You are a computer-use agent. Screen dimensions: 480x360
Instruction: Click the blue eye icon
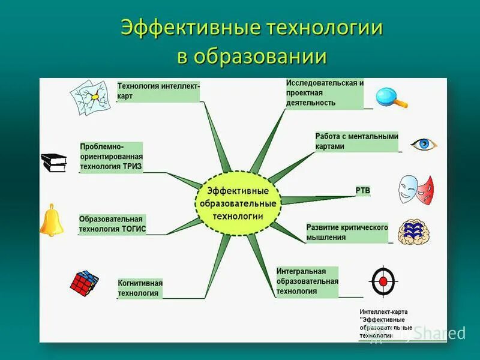424,144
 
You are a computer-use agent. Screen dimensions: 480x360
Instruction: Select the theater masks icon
416,188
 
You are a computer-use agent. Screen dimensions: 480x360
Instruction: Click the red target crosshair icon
383,281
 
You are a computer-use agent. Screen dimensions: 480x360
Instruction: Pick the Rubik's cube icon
84,282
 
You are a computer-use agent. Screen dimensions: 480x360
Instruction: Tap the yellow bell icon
52,220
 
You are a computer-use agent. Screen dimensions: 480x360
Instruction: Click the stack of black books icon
54,162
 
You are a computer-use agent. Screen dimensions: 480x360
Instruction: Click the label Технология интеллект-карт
158,91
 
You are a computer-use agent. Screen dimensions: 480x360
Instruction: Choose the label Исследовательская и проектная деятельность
325,93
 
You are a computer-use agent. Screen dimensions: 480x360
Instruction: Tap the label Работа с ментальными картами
356,141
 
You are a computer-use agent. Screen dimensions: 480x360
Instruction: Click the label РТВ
363,191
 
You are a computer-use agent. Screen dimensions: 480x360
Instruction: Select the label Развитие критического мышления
347,232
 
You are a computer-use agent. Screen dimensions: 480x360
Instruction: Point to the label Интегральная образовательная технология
307,281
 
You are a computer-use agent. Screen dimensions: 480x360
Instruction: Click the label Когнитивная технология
140,288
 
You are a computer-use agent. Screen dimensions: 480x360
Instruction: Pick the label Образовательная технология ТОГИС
112,224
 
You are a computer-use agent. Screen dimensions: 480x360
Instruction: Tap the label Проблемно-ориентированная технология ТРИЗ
111,157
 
